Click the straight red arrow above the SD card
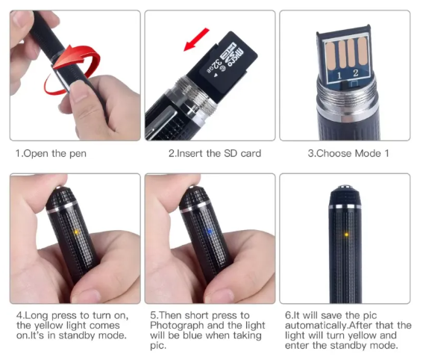pyautogui.click(x=196, y=40)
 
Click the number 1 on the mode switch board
pyautogui.click(x=339, y=76)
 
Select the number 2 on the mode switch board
pyautogui.click(x=356, y=73)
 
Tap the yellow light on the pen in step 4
pyautogui.click(x=77, y=232)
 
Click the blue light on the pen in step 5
pyautogui.click(x=210, y=232)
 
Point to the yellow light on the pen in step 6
pyautogui.click(x=346, y=235)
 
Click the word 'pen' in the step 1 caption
pyautogui.click(x=78, y=154)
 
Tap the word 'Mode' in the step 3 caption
pyautogui.click(x=368, y=153)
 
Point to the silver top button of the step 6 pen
pyautogui.click(x=345, y=187)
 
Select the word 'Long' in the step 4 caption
pyautogui.click(x=37, y=316)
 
